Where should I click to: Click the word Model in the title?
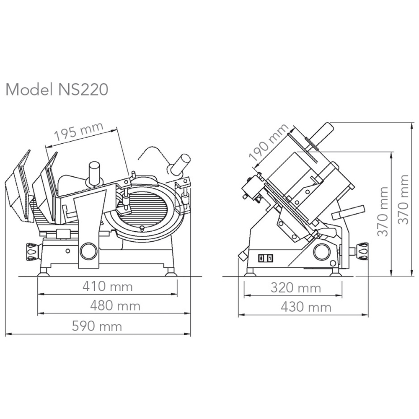pyautogui.click(x=29, y=89)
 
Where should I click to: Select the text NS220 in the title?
pyautogui.click(x=83, y=89)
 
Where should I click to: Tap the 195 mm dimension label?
pyautogui.click(x=79, y=132)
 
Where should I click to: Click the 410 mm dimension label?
pyautogui.click(x=107, y=287)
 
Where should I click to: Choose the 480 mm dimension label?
pyautogui.click(x=115, y=305)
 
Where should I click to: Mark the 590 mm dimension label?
pyautogui.click(x=97, y=326)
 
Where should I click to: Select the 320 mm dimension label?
pyautogui.click(x=295, y=288)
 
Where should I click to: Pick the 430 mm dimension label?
pyautogui.click(x=306, y=307)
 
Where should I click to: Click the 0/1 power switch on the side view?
pyautogui.click(x=265, y=258)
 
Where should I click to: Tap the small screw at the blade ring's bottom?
pyautogui.click(x=142, y=228)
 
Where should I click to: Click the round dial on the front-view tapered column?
pyautogui.click(x=88, y=251)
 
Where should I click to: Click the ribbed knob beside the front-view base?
pyautogui.click(x=32, y=251)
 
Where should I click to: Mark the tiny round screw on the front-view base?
pyautogui.click(x=67, y=251)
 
